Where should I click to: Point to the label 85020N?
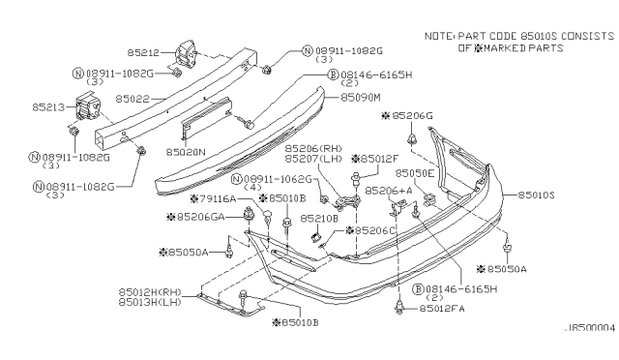[x=186, y=152]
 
